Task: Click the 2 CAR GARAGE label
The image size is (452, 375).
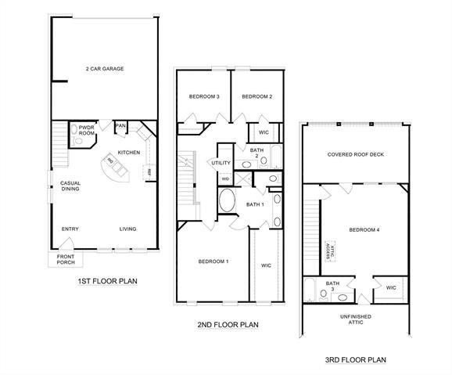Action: [105, 69]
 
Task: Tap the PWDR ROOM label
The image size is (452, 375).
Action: [87, 131]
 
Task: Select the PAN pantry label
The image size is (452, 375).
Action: [120, 125]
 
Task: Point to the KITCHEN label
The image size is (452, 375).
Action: [129, 152]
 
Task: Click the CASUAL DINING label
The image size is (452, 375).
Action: [70, 186]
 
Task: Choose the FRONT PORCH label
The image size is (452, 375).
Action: [66, 259]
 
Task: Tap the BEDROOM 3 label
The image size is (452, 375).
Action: [203, 96]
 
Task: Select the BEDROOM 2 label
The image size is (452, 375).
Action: [256, 96]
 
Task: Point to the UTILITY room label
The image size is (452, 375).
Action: [220, 163]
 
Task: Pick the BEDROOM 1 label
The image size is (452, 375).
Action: [213, 261]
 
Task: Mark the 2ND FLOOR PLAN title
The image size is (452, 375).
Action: [228, 323]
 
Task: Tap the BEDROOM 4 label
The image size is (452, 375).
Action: [364, 229]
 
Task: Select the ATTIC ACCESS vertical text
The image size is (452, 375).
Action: [329, 251]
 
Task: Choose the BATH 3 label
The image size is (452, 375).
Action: [332, 286]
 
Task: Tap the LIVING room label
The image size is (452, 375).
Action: [128, 229]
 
